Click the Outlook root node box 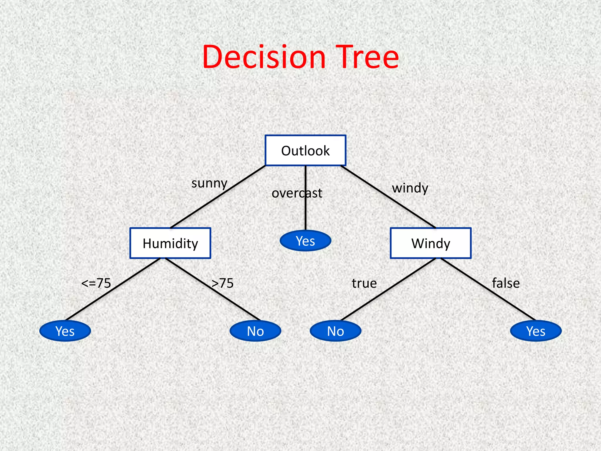click(x=305, y=151)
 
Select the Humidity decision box click(x=170, y=243)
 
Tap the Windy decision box click(x=431, y=243)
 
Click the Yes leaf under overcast click(x=305, y=241)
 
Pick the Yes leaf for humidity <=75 click(x=65, y=331)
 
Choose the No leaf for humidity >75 click(x=255, y=331)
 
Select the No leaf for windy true click(x=335, y=331)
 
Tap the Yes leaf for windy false click(x=536, y=331)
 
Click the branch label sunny click(x=209, y=184)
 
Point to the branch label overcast click(x=297, y=193)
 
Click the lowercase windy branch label click(x=410, y=188)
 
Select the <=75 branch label click(x=96, y=283)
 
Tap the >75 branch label click(x=223, y=283)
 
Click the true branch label click(x=364, y=283)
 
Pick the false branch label click(x=506, y=283)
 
